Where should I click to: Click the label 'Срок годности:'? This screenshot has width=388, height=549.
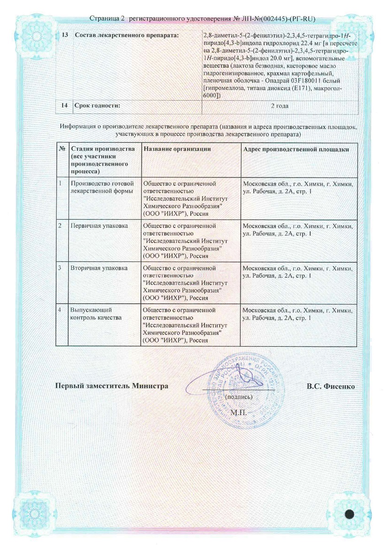click(x=97, y=106)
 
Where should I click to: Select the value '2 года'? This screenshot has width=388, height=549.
click(x=279, y=106)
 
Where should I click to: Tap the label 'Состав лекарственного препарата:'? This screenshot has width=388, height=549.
click(x=126, y=36)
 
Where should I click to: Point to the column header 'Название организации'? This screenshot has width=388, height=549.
click(x=177, y=149)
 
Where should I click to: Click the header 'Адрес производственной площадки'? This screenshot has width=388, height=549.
click(x=296, y=149)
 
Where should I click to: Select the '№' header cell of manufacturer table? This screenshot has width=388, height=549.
click(x=61, y=149)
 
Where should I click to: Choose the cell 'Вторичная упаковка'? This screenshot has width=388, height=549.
click(x=98, y=268)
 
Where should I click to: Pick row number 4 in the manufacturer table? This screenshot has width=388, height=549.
click(x=60, y=310)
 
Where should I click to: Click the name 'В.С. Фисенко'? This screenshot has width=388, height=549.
click(x=331, y=386)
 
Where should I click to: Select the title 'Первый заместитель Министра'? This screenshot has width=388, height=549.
click(x=112, y=386)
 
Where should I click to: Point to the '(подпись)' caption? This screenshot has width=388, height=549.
click(x=239, y=397)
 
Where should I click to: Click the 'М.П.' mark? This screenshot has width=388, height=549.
click(x=238, y=412)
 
